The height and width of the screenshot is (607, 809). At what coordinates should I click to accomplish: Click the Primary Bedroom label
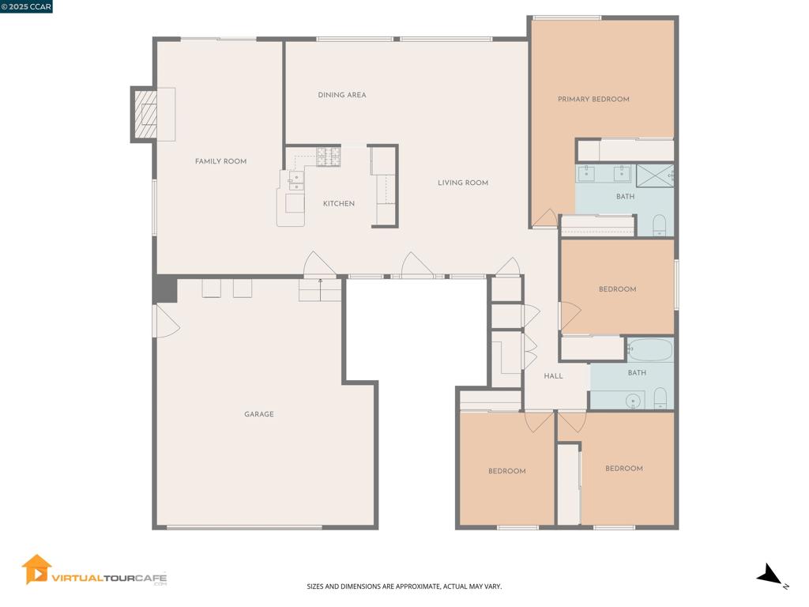coord(593,100)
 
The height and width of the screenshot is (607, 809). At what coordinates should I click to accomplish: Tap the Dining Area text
coord(342,95)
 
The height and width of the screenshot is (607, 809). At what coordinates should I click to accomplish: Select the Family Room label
coord(220,161)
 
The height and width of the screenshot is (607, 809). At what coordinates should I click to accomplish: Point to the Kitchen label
coord(338,204)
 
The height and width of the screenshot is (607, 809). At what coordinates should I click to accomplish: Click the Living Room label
coord(463,183)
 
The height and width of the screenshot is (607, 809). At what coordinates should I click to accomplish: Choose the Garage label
coord(258,414)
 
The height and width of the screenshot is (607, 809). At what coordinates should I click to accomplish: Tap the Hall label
coord(553,376)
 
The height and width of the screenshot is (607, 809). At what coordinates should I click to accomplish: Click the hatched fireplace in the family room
coord(145,115)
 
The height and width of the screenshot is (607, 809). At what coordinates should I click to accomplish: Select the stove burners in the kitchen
coord(328,156)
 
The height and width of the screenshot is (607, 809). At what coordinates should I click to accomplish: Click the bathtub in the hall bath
coord(649,349)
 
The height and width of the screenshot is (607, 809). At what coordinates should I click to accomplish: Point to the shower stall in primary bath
coord(655,175)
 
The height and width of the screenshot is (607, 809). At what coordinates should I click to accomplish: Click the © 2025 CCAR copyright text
coord(26,6)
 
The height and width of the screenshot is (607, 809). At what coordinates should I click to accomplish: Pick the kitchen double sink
coord(295,182)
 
